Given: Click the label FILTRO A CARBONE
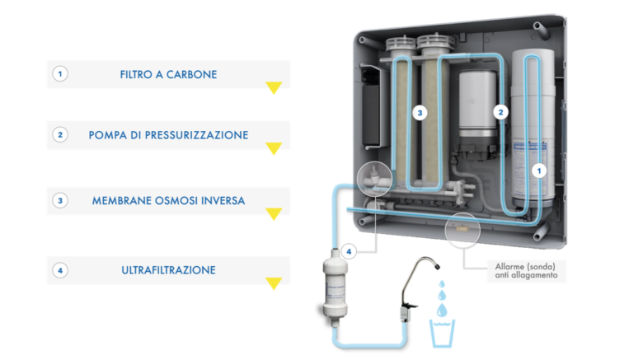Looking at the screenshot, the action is coord(168,74).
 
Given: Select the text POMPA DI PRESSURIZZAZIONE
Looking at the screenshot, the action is coord(168,135).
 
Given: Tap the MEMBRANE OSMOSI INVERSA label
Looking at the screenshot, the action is coord(168,200).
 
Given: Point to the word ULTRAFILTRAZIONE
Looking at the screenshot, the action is coord(168,270).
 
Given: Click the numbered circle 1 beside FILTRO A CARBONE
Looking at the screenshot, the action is coord(60,74).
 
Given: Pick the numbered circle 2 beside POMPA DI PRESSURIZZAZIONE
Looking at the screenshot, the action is coord(60,135).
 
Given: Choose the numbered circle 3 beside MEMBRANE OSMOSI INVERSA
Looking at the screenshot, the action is coord(60,200).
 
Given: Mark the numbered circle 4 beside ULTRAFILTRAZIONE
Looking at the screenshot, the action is coord(60,270).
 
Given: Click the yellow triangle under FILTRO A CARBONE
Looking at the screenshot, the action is coord(274,87).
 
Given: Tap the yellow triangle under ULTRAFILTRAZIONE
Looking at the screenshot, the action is coord(274,283).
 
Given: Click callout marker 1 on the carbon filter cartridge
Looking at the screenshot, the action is coord(539,171).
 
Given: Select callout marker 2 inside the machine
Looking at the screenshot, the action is coord(500,112).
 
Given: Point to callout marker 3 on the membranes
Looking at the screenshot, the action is coord(420,113).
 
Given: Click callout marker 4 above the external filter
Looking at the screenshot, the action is coord(349,251).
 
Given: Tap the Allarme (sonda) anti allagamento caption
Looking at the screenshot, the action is coord(526,270).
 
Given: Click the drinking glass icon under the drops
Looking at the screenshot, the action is coord(442,333).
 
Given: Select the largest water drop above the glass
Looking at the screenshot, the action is coord(442,310).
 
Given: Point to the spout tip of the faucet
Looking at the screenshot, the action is coord(437,267).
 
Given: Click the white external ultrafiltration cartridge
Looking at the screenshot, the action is coord(336,287).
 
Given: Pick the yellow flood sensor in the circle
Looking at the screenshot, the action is coord(462,229).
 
